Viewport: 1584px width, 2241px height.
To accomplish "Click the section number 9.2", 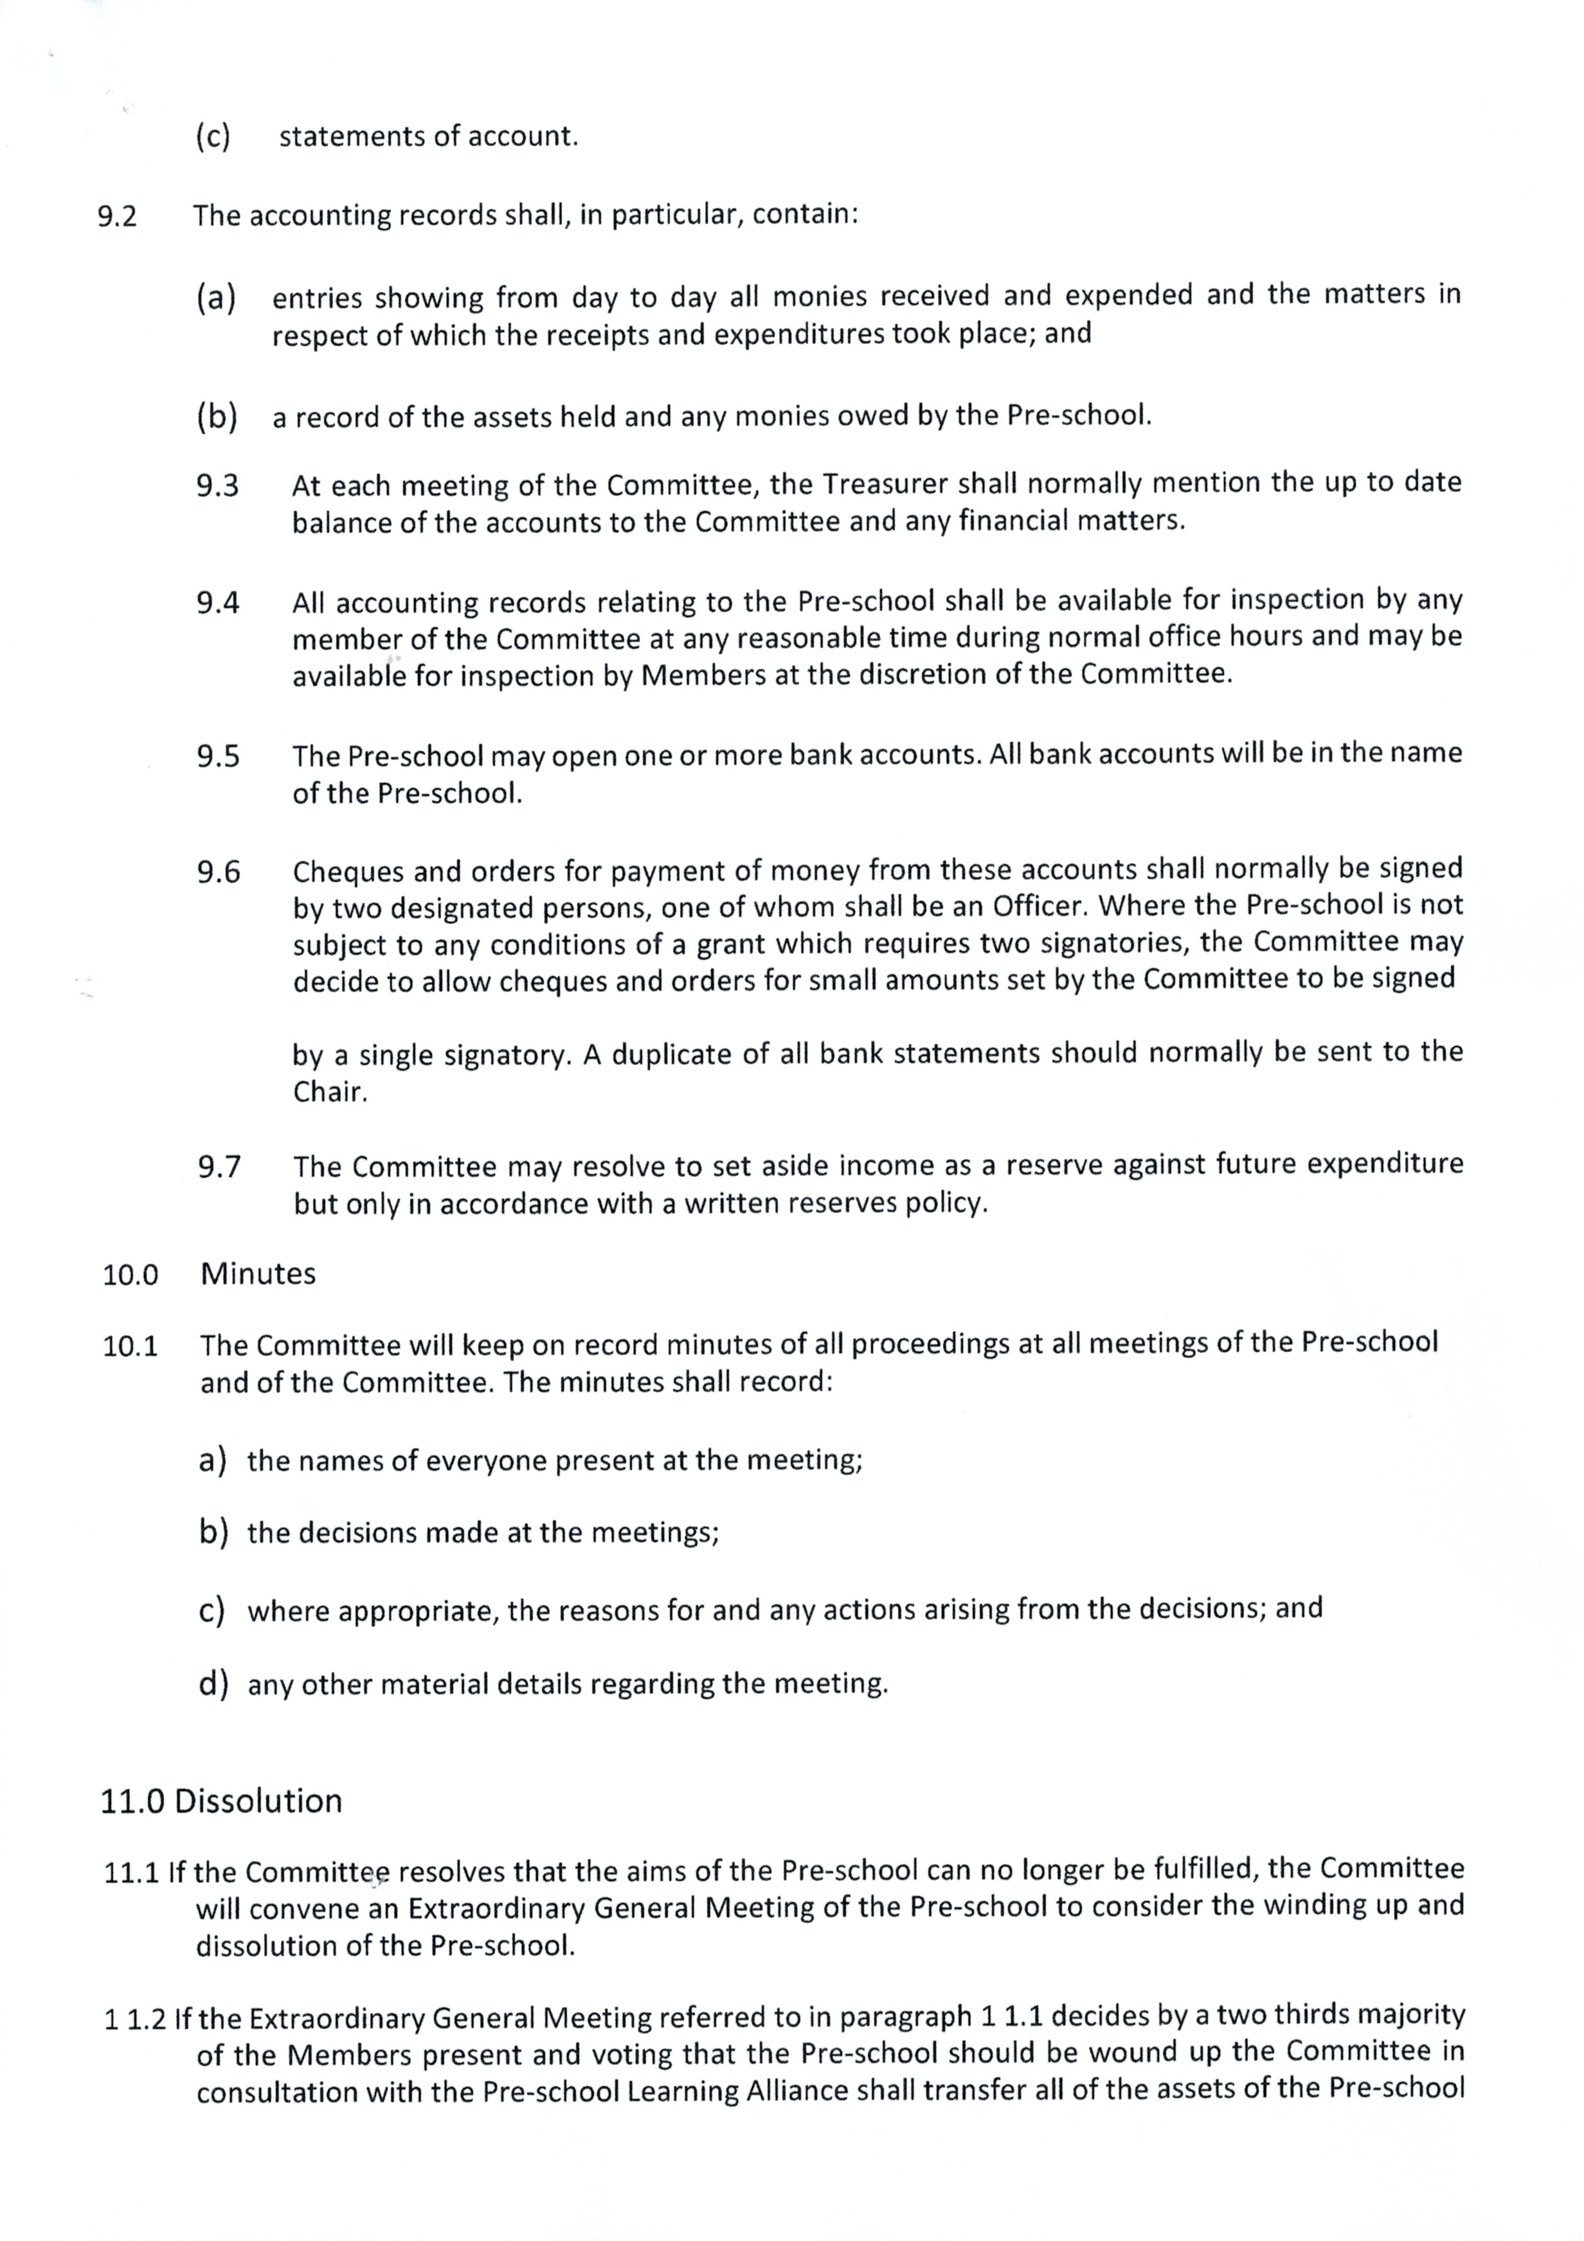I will click(x=117, y=217).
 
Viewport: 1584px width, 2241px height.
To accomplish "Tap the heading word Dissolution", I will click(x=258, y=1801).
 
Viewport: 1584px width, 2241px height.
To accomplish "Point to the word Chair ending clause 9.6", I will click(x=329, y=1092).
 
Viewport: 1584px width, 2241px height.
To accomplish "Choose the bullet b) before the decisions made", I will click(x=213, y=1533).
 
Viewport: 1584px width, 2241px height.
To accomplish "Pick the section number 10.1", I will click(x=130, y=1347).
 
